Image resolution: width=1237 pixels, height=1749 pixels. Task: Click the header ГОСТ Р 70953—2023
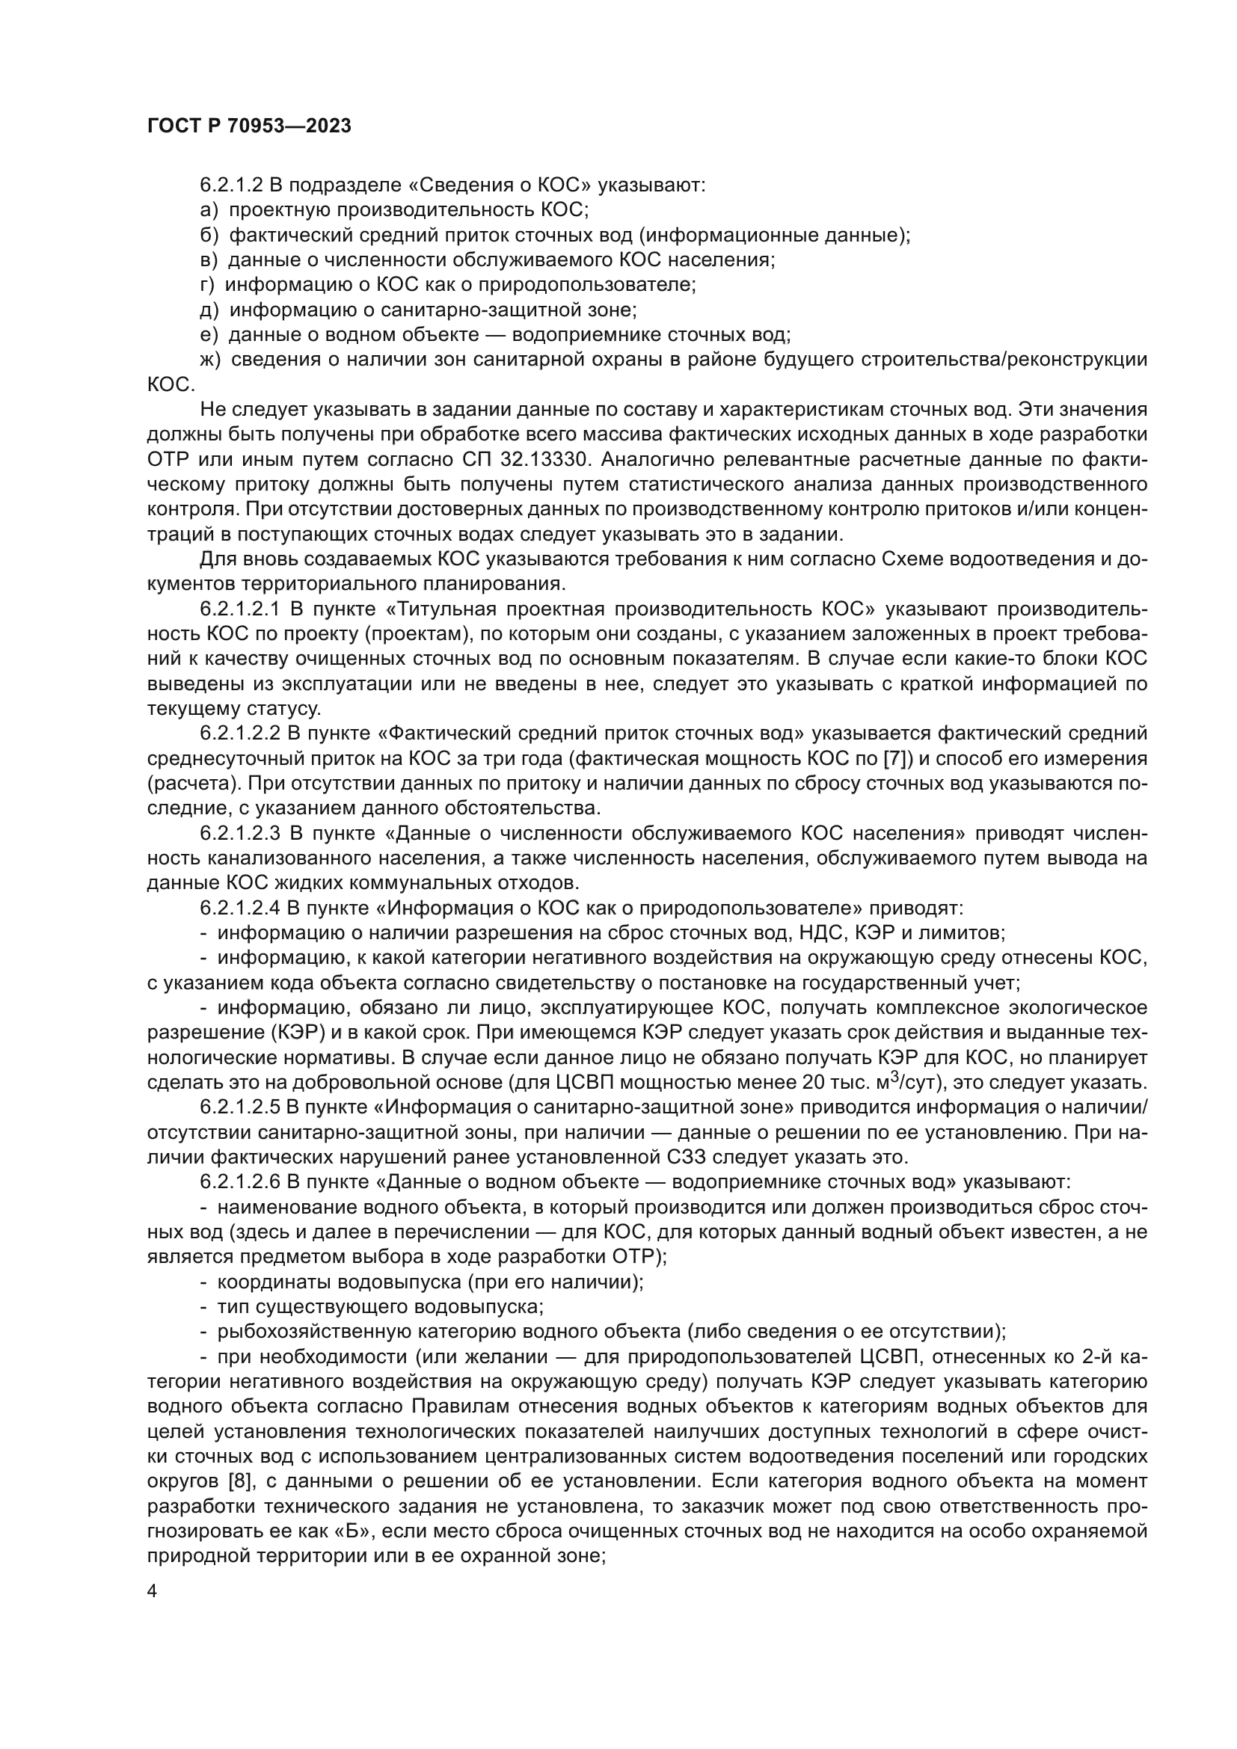tap(248, 126)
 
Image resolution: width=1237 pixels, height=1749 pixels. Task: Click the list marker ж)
tap(209, 360)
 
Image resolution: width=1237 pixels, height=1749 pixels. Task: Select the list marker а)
tap(209, 209)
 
